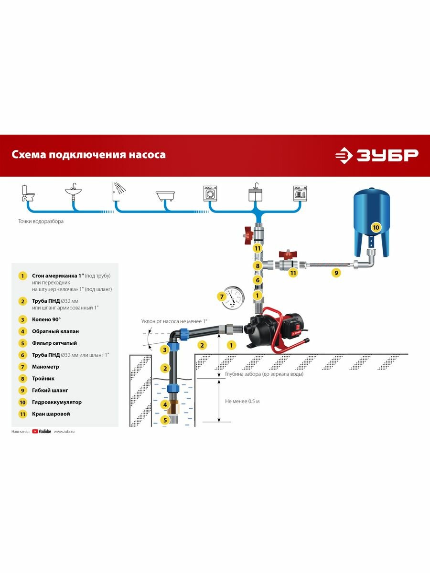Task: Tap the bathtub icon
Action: [165, 195]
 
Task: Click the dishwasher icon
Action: [300, 193]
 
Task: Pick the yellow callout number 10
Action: [376, 228]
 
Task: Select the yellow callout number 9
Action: [336, 273]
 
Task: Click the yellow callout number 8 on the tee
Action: [257, 266]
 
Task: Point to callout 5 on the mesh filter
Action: [165, 420]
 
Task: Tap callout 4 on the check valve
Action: [165, 404]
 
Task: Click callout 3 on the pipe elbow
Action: [164, 350]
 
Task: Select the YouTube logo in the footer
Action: [42, 431]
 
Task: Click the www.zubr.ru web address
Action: [64, 431]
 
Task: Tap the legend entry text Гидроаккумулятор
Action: [57, 403]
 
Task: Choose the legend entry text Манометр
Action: [46, 367]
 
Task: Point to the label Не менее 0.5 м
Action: [242, 401]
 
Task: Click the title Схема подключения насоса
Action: [89, 155]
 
